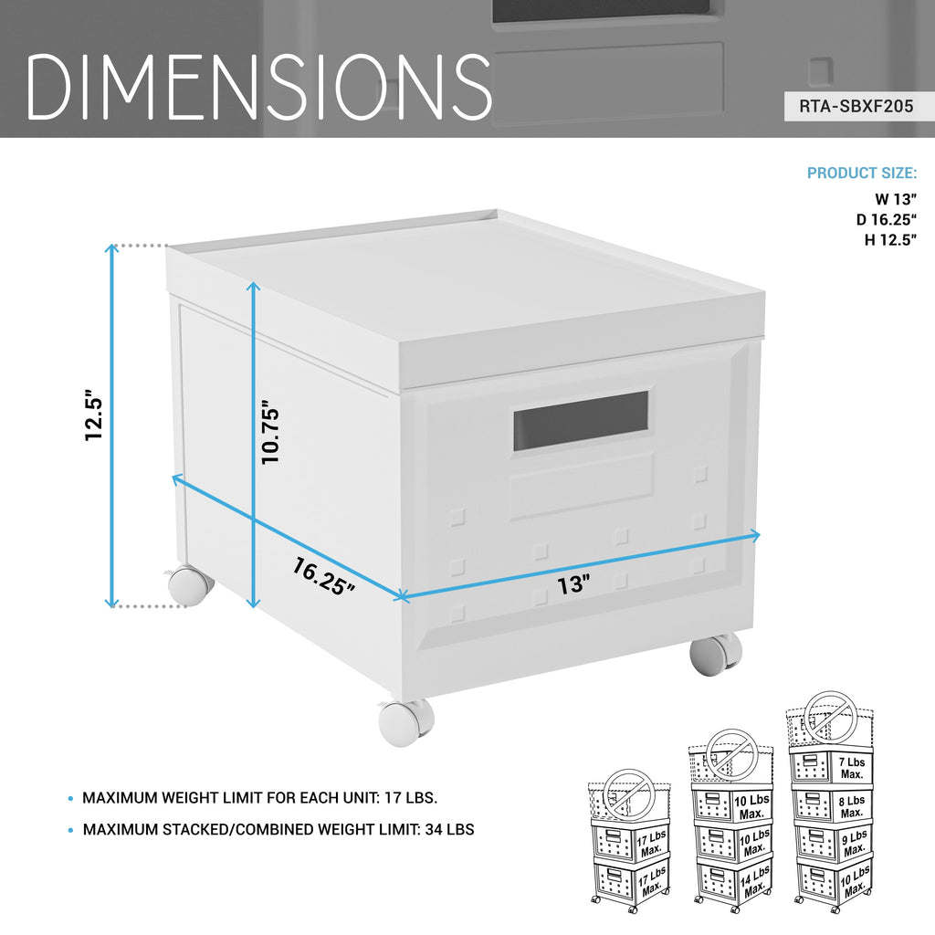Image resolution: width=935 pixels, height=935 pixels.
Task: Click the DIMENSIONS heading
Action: click(258, 86)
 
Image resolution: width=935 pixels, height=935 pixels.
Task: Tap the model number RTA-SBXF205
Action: click(856, 106)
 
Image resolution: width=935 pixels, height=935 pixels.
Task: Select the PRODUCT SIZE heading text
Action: click(862, 173)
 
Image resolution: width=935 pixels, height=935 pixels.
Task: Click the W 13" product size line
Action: click(896, 199)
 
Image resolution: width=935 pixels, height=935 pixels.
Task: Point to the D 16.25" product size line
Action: click(887, 219)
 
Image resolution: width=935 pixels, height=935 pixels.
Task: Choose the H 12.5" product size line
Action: click(891, 240)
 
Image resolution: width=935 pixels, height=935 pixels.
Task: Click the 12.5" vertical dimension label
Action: click(94, 415)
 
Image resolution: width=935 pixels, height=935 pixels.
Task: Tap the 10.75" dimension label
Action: click(270, 432)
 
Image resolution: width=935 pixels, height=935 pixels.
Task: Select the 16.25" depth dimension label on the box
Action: click(323, 576)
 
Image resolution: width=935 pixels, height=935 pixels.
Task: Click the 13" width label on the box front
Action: click(573, 584)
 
